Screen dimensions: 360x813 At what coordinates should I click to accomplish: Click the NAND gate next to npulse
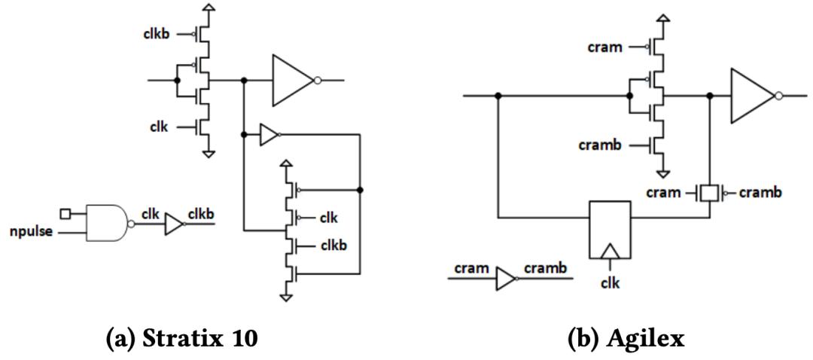[x=108, y=222]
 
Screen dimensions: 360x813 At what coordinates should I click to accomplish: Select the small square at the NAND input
[x=65, y=215]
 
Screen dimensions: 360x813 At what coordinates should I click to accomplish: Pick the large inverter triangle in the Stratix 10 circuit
[x=293, y=81]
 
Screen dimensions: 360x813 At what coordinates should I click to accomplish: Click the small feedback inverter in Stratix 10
[x=268, y=136]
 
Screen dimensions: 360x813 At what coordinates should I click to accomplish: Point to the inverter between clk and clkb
[x=174, y=224]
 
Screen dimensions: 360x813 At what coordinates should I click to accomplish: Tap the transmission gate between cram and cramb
[x=707, y=194]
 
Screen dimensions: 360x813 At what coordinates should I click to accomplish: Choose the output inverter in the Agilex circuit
[x=752, y=96]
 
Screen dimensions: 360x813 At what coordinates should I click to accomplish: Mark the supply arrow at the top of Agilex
[x=663, y=18]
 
